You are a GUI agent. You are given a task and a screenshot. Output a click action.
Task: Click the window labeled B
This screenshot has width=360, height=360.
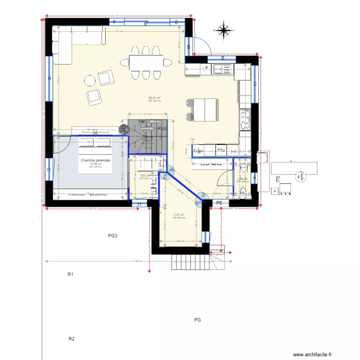click(222, 59)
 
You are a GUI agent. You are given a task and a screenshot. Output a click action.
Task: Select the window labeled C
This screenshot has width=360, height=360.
click(255, 84)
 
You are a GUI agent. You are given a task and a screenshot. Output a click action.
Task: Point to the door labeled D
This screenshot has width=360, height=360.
click(189, 47)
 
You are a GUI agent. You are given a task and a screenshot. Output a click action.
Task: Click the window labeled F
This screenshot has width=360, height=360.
click(115, 22)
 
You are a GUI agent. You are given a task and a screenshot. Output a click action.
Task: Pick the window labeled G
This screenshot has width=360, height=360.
click(176, 22)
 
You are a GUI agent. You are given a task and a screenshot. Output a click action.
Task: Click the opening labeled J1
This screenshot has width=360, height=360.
click(139, 204)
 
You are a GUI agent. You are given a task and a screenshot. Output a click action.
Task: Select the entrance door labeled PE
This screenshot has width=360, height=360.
click(219, 204)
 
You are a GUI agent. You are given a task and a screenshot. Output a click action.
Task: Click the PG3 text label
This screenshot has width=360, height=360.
click(113, 236)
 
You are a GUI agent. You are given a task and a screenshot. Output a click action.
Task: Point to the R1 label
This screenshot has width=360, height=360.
click(70, 275)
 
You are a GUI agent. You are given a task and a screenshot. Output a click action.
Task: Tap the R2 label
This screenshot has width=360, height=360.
click(72, 339)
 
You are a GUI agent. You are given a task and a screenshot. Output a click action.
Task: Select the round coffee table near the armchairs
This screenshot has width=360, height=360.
click(89, 80)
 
